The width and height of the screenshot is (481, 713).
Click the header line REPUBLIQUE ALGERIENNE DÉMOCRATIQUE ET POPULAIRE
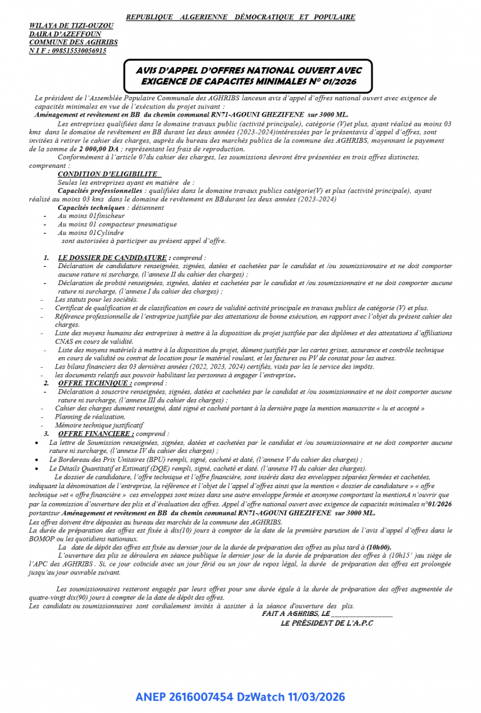point(240,17)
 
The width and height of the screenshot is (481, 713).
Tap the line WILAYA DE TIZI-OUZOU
point(71,26)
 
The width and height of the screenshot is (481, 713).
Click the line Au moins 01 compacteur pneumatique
point(117,224)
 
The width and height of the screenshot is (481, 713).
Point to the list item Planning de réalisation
point(81,417)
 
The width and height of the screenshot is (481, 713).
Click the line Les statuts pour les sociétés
point(96,299)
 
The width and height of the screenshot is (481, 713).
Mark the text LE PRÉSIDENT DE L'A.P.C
point(326,623)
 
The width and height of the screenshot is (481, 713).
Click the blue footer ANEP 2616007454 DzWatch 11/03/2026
point(240,697)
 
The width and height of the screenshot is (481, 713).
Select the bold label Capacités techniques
point(91,207)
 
